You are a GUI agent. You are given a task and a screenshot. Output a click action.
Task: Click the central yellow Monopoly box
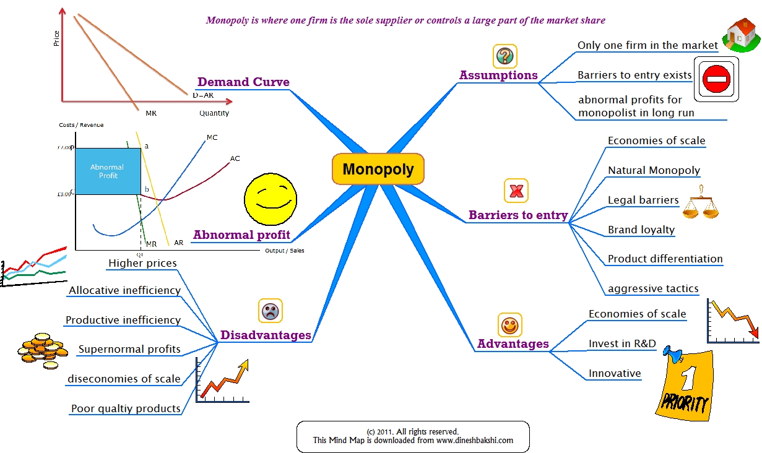(378, 169)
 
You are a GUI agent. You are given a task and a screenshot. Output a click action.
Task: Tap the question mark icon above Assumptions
(504, 56)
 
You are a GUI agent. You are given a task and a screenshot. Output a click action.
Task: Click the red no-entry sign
(717, 79)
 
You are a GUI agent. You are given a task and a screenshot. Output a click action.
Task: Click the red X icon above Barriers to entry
(516, 191)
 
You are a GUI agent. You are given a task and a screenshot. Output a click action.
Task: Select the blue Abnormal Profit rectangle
(107, 171)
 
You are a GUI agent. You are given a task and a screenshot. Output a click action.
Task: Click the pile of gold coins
(41, 349)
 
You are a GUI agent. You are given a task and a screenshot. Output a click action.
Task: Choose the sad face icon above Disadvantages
(270, 311)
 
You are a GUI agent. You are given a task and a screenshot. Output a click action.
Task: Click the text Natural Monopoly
(654, 170)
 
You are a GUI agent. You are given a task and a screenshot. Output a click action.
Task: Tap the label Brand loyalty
(641, 230)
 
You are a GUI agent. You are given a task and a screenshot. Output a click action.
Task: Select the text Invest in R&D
(622, 343)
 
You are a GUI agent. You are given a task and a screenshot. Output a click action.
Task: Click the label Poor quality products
(126, 408)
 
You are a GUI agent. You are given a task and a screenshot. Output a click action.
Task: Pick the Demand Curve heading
(243, 82)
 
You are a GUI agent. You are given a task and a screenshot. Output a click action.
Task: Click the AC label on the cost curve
(235, 159)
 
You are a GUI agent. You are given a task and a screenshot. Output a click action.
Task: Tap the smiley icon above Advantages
(510, 324)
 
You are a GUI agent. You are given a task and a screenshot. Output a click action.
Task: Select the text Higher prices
(142, 263)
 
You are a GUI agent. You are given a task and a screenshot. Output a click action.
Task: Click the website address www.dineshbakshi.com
(474, 441)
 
